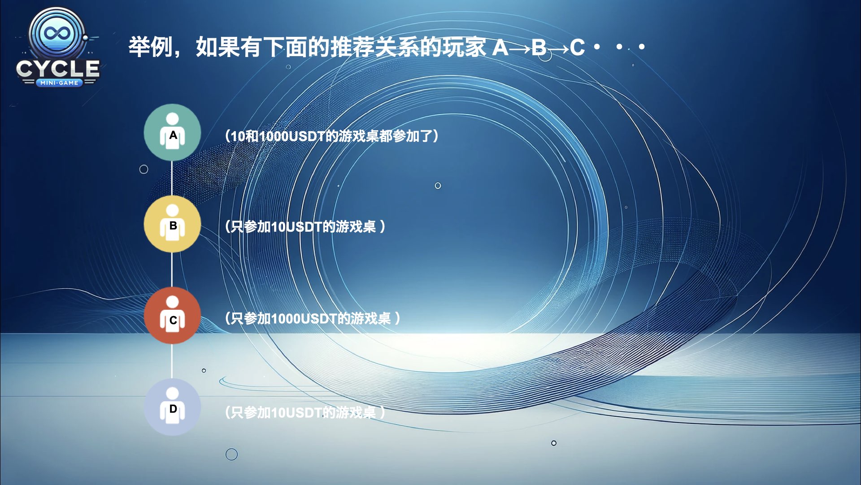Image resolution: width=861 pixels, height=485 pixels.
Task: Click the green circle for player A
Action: (x=172, y=132)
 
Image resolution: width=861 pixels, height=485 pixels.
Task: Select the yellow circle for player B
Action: (x=172, y=224)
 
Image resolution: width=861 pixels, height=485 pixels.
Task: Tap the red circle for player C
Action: (x=172, y=315)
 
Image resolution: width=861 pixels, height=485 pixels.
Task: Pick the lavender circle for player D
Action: (x=172, y=407)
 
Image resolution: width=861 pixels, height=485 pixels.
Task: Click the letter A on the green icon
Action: (x=173, y=135)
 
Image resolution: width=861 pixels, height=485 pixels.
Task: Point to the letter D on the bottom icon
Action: (x=173, y=409)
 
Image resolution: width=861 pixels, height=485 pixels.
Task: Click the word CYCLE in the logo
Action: (x=58, y=69)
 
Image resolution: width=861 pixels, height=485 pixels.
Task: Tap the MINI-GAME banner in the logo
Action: (x=59, y=83)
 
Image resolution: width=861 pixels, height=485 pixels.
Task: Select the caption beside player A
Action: (x=332, y=136)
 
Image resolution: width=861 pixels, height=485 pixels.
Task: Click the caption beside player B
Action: (x=305, y=227)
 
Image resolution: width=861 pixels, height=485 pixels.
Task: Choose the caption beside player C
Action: (x=313, y=318)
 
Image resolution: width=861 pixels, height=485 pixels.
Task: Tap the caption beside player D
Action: (x=305, y=412)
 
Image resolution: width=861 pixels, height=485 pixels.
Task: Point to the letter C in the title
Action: (x=577, y=47)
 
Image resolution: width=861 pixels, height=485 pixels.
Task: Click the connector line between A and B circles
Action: (x=172, y=178)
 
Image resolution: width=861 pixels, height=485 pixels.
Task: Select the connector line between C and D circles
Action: (x=172, y=361)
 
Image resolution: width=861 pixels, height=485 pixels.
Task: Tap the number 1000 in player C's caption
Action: (x=285, y=319)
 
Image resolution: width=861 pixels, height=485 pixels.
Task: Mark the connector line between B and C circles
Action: (x=172, y=269)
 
